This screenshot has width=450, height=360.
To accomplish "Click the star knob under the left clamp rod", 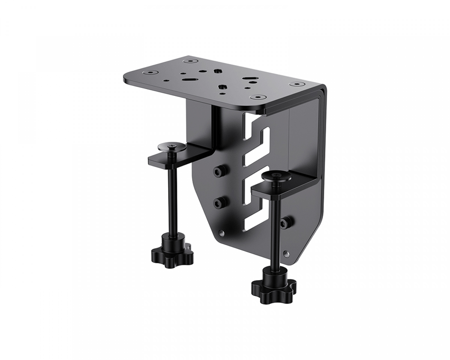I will click(172, 253).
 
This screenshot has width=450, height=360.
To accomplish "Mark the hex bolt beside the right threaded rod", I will click(286, 222).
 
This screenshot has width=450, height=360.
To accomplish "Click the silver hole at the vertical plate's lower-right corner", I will click(287, 254).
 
